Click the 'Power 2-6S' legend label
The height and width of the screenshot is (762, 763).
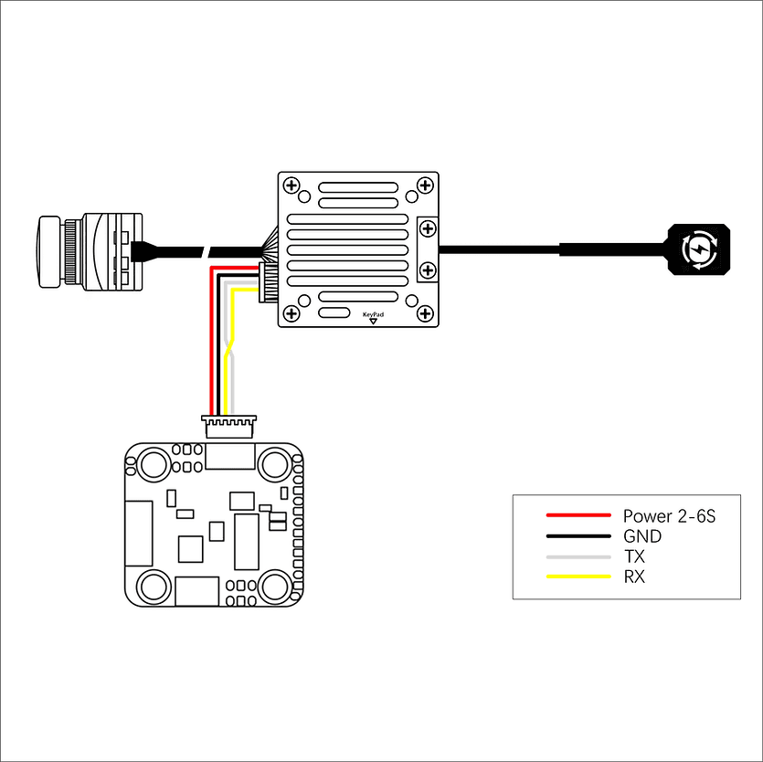668,516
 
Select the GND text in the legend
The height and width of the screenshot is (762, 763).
641,536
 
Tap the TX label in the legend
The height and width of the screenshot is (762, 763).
634,556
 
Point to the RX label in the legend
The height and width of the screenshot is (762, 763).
634,577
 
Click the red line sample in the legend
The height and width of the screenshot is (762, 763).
578,516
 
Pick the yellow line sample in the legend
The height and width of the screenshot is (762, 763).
578,577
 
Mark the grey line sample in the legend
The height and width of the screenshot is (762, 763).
578,556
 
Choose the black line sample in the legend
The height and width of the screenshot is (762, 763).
578,536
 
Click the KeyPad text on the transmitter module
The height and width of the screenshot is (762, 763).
373,313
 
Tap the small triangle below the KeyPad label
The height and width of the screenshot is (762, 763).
373,322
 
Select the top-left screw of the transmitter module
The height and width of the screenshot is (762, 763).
292,186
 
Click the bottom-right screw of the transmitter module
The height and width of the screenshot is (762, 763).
424,313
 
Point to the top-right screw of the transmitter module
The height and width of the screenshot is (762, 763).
424,186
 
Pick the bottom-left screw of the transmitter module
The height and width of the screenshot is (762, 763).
292,313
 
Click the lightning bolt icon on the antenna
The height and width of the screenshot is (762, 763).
699,249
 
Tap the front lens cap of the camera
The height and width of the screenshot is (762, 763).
48,251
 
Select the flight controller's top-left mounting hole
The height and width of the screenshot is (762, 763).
152,464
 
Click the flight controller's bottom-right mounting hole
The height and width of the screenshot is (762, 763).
275,585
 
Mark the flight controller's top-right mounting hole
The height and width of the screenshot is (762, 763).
275,464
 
